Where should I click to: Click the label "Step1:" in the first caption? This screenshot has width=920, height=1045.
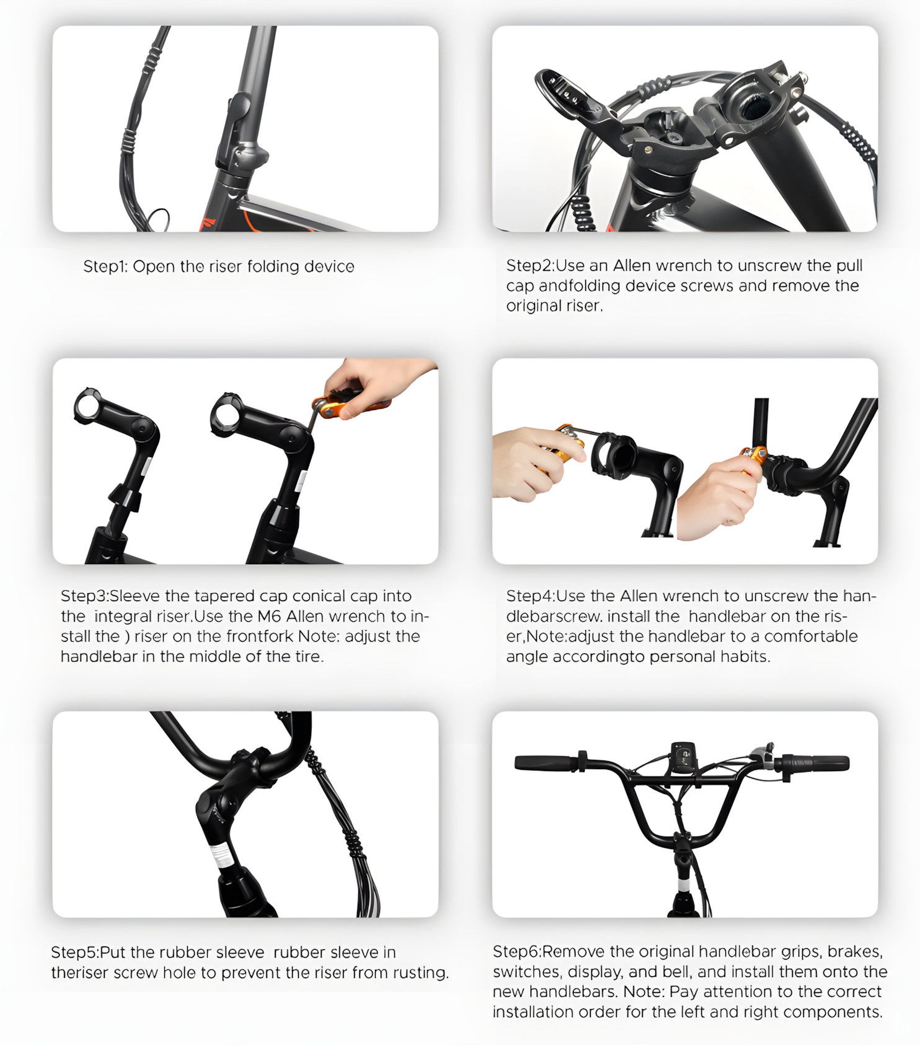[105, 267]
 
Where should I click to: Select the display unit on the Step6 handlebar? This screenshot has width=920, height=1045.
[683, 757]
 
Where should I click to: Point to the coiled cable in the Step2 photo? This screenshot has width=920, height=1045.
[581, 214]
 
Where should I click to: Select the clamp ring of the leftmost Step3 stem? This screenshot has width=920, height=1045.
[87, 407]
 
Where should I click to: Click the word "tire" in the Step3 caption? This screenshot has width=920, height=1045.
[307, 656]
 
